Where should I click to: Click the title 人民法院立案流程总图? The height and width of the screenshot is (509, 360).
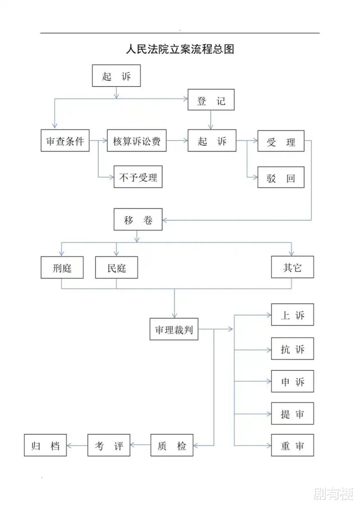pos(180,49)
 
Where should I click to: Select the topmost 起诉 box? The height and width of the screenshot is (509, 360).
pos(116,76)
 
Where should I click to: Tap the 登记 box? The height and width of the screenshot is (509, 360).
pos(211,100)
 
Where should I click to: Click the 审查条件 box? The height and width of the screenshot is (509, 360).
pos(65,141)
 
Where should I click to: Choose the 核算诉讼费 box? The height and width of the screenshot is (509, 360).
pos(137,141)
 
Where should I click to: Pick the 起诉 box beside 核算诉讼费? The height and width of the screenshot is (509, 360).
pos(212,141)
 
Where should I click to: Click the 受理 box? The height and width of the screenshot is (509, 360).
pos(281,141)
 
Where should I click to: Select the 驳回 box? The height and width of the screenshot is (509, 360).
pos(281,177)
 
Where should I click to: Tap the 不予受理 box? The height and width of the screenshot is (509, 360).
pos(138,177)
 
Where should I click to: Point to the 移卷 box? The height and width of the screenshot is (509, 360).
pos(138,219)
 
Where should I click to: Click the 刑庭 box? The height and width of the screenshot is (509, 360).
pos(62,267)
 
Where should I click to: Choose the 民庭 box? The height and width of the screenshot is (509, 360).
pos(116,267)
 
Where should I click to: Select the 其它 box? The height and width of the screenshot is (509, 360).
pos(292,267)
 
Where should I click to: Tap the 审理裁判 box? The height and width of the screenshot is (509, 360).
pos(174,329)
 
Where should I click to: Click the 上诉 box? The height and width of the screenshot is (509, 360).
pos(292,315)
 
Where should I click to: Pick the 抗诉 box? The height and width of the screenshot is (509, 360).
pos(292,349)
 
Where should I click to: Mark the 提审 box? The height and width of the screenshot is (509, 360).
pos(292,414)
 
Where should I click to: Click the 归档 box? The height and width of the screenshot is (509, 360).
pos(45,445)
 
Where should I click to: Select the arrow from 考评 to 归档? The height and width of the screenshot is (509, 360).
pos(77,445)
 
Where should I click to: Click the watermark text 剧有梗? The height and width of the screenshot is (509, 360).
pos(333,493)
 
